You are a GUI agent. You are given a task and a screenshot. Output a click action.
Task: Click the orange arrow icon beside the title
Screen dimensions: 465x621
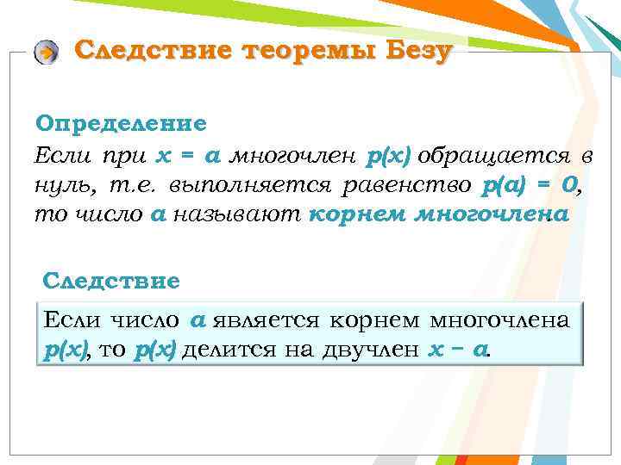[45, 53]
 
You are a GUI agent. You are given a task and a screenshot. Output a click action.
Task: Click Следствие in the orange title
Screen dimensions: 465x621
[153, 51]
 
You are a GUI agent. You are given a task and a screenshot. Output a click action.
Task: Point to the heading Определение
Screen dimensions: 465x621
[121, 123]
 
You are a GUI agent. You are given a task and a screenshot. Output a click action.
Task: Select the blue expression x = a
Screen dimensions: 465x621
[189, 157]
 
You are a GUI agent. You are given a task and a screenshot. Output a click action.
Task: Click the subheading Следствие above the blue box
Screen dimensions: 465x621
[111, 280]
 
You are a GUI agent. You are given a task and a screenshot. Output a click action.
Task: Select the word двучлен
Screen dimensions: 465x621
[372, 350]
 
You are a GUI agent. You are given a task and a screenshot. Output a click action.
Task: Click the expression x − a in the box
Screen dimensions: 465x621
[457, 350]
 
